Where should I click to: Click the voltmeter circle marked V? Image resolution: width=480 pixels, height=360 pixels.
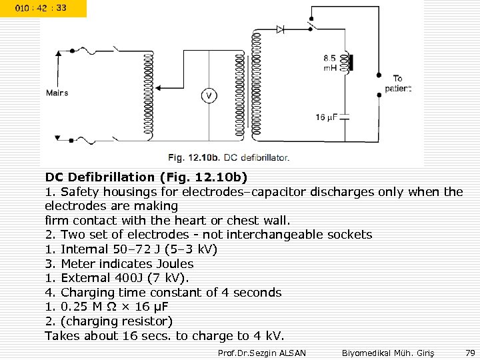tap(209, 95)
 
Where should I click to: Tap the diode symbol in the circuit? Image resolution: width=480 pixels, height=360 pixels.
tap(281, 29)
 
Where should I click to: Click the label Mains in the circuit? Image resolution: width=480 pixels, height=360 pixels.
tap(57, 93)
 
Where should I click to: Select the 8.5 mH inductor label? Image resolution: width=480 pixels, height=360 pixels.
tap(330, 63)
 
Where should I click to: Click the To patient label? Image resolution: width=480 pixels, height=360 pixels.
tap(398, 83)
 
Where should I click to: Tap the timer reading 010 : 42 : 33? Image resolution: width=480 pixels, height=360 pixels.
tap(43, 9)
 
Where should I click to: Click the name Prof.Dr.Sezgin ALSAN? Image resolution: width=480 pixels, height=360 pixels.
tap(262, 351)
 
